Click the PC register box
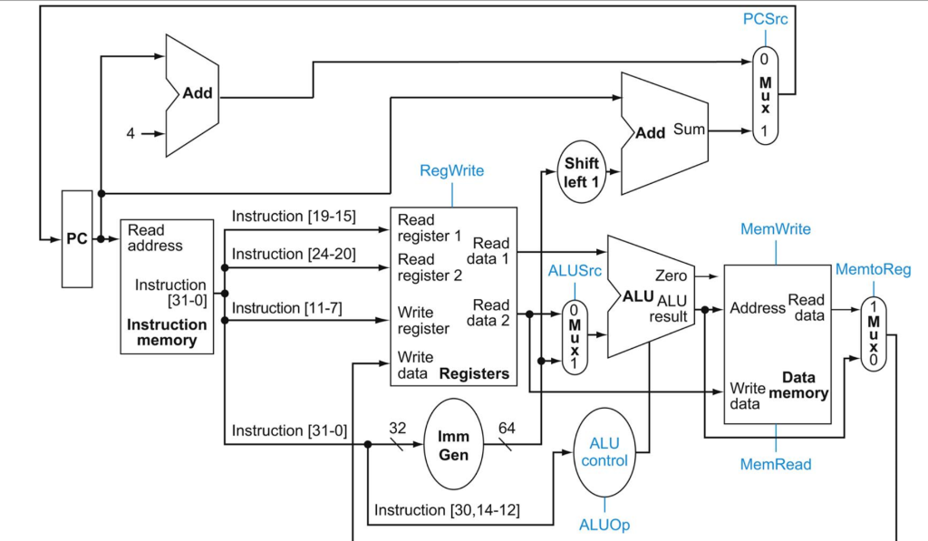coord(77,239)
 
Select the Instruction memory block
coord(167,286)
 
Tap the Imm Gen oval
coord(454,443)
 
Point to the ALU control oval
coord(604,452)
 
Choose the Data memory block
coord(777,344)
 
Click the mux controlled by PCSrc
coord(766,95)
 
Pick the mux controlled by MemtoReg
coord(873,334)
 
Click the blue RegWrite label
coord(451,170)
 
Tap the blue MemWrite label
coord(775,229)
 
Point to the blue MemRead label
coord(775,464)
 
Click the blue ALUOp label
coord(604,525)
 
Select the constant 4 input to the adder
coord(130,133)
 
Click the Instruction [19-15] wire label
coord(294,216)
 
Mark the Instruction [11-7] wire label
coord(286,308)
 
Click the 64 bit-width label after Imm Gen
coord(507,427)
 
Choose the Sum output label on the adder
coord(689,130)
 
